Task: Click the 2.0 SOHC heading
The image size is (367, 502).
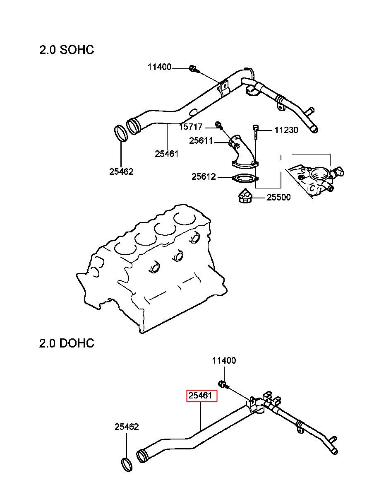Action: click(67, 50)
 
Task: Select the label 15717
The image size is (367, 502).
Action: click(191, 127)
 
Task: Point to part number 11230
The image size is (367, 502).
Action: click(286, 130)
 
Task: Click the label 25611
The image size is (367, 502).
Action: click(201, 141)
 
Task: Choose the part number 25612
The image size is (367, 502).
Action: click(204, 177)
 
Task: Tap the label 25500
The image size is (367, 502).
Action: click(278, 197)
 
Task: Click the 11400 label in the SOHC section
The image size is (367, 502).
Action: click(159, 67)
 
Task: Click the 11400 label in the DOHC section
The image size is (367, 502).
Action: click(224, 361)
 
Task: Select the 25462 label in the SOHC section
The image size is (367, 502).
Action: click(121, 171)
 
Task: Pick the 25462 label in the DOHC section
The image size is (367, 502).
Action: click(127, 427)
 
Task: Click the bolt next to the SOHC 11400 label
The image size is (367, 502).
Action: click(194, 69)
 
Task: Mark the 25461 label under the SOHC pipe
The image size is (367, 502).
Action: click(167, 154)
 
